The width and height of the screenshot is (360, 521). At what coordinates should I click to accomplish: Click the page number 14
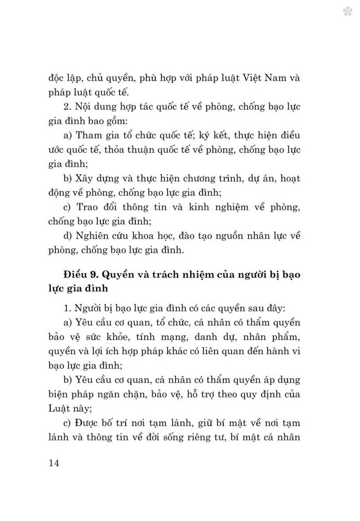coord(54,463)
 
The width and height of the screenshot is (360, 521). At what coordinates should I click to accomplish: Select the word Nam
coord(276,78)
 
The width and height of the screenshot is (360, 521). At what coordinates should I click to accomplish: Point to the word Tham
coord(86,135)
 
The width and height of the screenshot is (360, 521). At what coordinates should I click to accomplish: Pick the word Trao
coord(87,207)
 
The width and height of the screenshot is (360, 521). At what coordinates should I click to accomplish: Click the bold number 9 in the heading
coord(93,275)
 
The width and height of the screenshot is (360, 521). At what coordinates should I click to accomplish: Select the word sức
coord(94,337)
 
